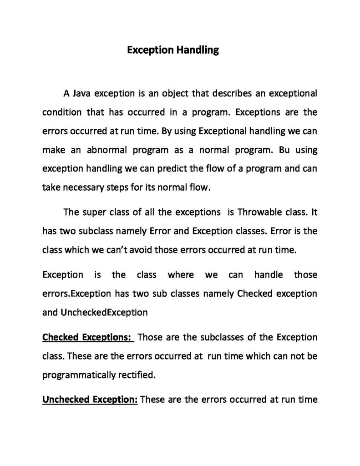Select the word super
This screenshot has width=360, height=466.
click(x=94, y=212)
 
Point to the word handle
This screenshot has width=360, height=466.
click(x=269, y=275)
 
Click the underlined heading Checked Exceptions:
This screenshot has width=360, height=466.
click(x=87, y=338)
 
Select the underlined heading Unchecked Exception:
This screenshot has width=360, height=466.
click(x=90, y=400)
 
